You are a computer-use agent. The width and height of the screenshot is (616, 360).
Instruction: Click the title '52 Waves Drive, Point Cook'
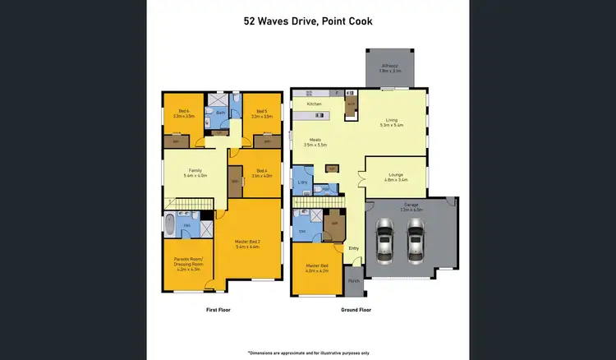click(x=307, y=22)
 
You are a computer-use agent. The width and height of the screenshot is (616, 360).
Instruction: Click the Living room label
click(x=391, y=122)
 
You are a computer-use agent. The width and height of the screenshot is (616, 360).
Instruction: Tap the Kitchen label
click(x=314, y=104)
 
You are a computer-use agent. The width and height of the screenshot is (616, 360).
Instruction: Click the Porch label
click(x=355, y=280)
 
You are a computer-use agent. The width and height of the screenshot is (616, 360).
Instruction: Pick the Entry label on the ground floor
click(x=353, y=247)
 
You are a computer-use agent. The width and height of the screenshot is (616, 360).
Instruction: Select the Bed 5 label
click(x=260, y=113)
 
